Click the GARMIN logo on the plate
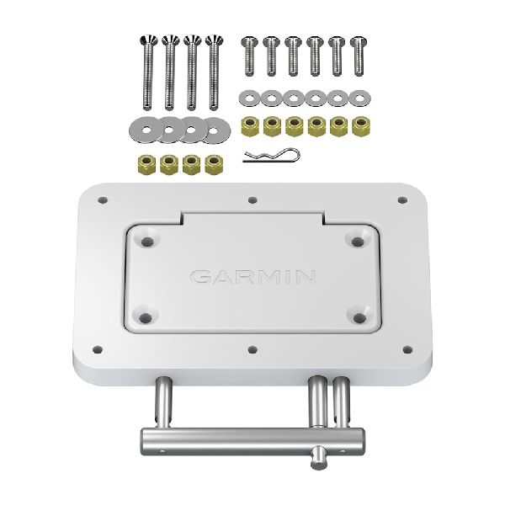tap(253, 276)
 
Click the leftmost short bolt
tap(249, 55)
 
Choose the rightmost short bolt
tap(359, 55)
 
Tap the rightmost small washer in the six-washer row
tap(359, 98)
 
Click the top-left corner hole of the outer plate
tap(104, 201)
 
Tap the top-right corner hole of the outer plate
tap(402, 200)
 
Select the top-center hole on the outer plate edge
tap(253, 201)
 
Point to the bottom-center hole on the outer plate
tap(253, 347)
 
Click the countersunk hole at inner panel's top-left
tap(149, 241)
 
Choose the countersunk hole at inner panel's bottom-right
tap(359, 317)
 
